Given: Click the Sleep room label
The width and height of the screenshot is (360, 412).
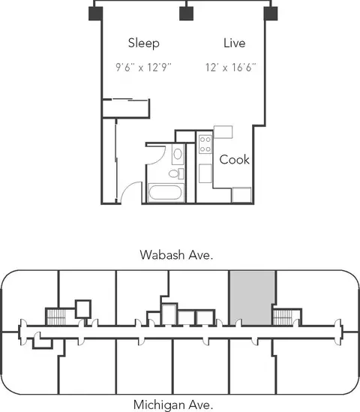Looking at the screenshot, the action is coord(144,44).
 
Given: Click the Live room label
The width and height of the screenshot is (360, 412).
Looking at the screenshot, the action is coord(235,43).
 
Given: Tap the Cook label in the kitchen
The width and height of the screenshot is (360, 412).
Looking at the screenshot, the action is coord(234,160).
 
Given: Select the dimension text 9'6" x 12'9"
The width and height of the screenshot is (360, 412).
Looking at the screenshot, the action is coord(143,68).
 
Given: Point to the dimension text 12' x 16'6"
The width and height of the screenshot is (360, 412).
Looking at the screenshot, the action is coord(230,68).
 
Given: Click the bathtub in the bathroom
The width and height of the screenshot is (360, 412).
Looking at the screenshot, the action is coord(165,193).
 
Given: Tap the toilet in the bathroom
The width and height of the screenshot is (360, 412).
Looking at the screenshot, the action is coord(176,173).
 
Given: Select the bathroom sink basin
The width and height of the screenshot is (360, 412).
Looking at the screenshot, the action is coord(178,154).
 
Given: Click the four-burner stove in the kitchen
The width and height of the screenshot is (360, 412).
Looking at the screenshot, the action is coord(205,144).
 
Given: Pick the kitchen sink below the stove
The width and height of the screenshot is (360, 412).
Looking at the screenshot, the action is coord(205,173).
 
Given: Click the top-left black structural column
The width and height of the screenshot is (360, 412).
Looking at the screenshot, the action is coord(95,14).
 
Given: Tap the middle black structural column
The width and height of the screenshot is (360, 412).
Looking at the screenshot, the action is coord(187,14).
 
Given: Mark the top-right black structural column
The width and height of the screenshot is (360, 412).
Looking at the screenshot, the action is coord(271,14).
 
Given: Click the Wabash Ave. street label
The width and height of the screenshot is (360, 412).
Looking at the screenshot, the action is coord(176,255).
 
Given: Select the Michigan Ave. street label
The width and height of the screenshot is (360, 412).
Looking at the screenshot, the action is coord(173,404).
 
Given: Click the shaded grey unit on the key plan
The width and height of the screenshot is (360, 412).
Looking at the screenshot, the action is coord(252,298).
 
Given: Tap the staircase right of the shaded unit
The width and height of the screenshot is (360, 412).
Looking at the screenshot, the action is coord(283,317).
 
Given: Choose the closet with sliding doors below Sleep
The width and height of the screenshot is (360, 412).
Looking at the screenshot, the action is coord(126,108).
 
